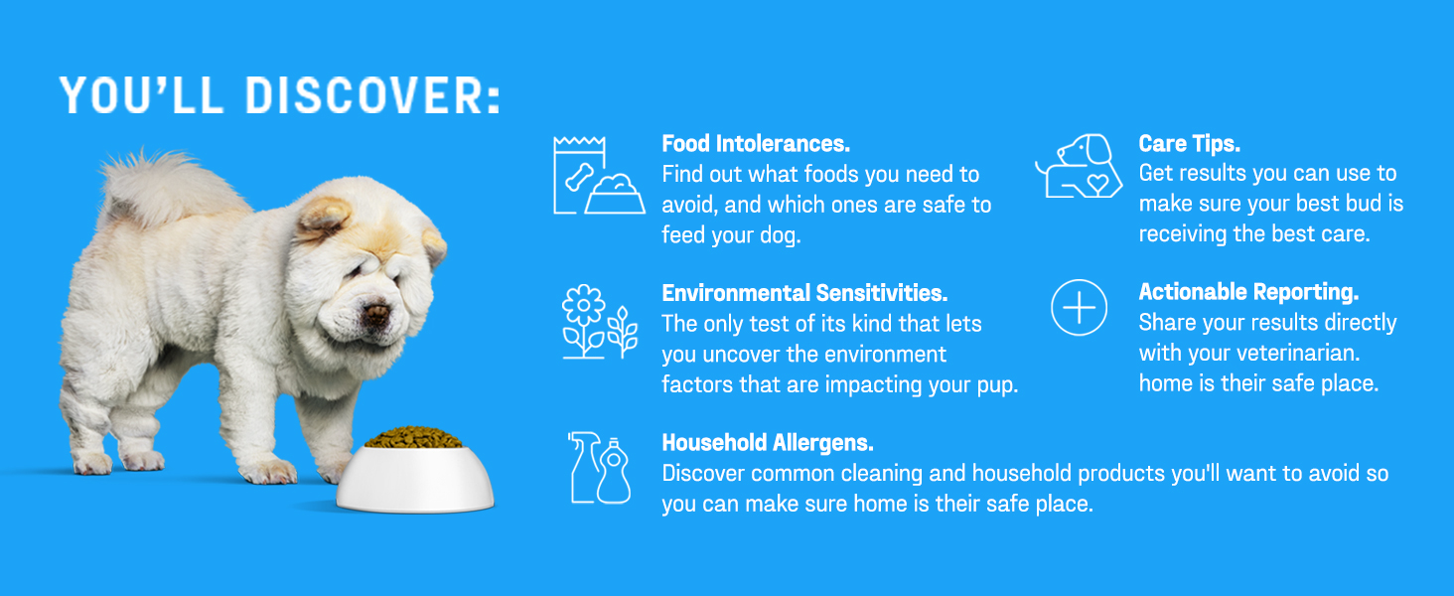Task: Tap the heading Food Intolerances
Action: click(756, 143)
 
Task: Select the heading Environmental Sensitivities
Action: click(804, 293)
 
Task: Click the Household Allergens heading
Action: click(768, 443)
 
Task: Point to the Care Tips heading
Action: click(1189, 143)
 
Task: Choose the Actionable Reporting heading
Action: click(1248, 292)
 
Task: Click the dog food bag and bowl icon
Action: click(599, 175)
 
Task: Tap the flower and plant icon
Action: click(600, 322)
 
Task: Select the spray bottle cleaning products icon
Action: click(599, 468)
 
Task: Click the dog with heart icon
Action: click(1079, 166)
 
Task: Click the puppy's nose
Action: click(376, 314)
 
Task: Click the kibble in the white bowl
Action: click(413, 438)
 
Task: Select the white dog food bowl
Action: click(415, 478)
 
